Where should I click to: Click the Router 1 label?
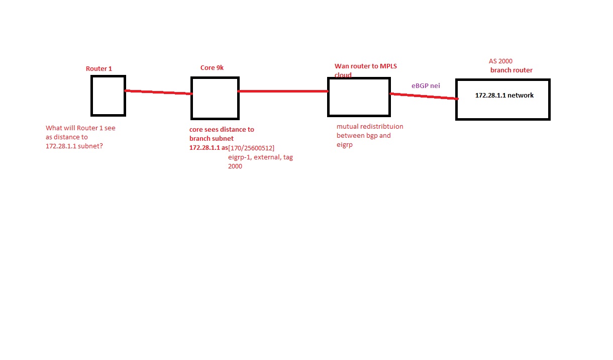click(x=99, y=69)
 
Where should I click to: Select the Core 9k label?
click(x=212, y=67)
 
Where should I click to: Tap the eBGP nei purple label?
click(x=426, y=85)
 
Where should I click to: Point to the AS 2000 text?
click(x=500, y=61)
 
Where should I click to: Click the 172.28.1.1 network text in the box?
click(x=504, y=95)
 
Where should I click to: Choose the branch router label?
click(x=511, y=70)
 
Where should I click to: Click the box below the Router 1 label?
click(x=109, y=75)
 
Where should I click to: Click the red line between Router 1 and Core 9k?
click(x=158, y=92)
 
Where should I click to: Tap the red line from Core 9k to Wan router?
click(x=283, y=91)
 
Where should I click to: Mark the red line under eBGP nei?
click(x=424, y=96)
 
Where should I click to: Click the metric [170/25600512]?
click(x=251, y=148)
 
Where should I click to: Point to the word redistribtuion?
click(x=382, y=127)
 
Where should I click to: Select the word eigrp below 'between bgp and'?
click(x=345, y=145)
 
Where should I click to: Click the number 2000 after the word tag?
click(x=235, y=166)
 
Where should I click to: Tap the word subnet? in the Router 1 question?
click(x=90, y=146)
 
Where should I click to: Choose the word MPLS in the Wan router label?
click(x=388, y=66)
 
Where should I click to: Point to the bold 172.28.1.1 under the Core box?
click(x=205, y=148)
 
